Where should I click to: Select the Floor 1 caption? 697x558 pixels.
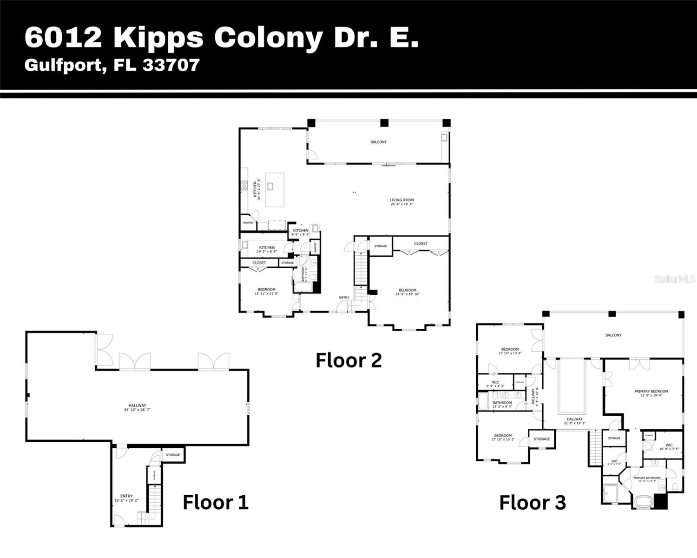215,502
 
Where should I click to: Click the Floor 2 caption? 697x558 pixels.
348,360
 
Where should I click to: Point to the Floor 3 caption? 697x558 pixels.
533,503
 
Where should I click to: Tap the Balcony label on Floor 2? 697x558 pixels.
378,142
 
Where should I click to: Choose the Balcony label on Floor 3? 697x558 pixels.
613,335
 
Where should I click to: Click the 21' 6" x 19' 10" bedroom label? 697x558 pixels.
407,292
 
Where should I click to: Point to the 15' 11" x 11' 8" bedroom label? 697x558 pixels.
266,292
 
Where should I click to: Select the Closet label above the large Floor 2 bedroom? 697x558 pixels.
421,243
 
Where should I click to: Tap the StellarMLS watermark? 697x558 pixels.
675,279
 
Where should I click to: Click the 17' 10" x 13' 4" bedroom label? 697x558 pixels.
509,351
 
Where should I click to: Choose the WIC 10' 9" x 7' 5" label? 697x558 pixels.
669,447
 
